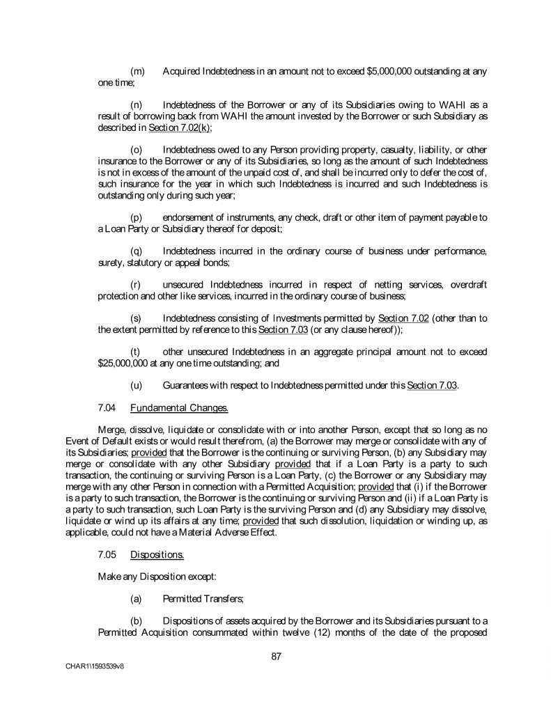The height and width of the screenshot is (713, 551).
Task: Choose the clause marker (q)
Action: click(x=137, y=250)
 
